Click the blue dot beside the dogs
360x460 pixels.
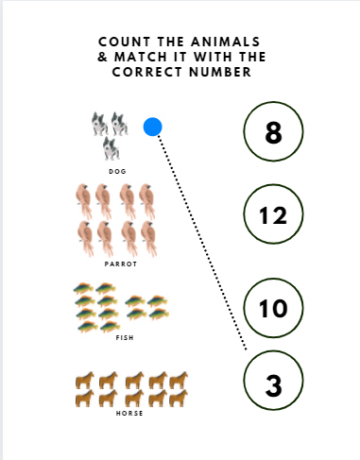click(x=153, y=127)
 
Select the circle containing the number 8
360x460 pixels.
click(x=273, y=131)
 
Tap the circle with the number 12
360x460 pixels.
click(x=273, y=214)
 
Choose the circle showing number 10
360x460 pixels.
click(x=273, y=308)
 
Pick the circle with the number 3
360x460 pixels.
click(x=273, y=381)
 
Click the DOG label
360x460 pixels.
click(x=117, y=172)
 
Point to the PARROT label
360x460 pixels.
click(x=121, y=264)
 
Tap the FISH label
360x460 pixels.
click(x=125, y=338)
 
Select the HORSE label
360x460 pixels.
click(x=129, y=413)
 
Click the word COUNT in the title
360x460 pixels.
click(x=125, y=42)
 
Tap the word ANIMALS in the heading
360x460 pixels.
click(x=226, y=42)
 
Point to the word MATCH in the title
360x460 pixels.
click(x=141, y=57)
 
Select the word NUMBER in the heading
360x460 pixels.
click(x=220, y=72)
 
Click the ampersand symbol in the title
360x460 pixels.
click(x=103, y=57)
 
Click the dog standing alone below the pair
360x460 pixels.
click(x=111, y=148)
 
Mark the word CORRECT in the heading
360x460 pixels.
click(x=147, y=72)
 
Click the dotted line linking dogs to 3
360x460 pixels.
click(x=202, y=243)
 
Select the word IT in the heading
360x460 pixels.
click(x=180, y=57)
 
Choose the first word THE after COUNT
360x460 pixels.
click(x=171, y=42)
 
